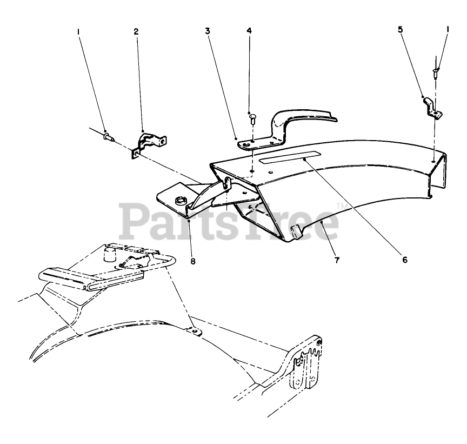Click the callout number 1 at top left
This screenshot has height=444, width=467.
pos(78,32)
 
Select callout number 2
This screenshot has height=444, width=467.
pos(136,32)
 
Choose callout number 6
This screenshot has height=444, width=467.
pos(405,260)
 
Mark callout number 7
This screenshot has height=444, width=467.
pos(336,260)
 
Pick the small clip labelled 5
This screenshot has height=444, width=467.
pos(432,107)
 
